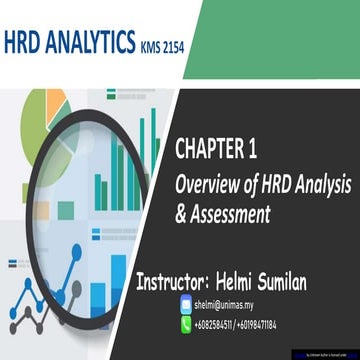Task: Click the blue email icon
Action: click(x=186, y=305)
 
